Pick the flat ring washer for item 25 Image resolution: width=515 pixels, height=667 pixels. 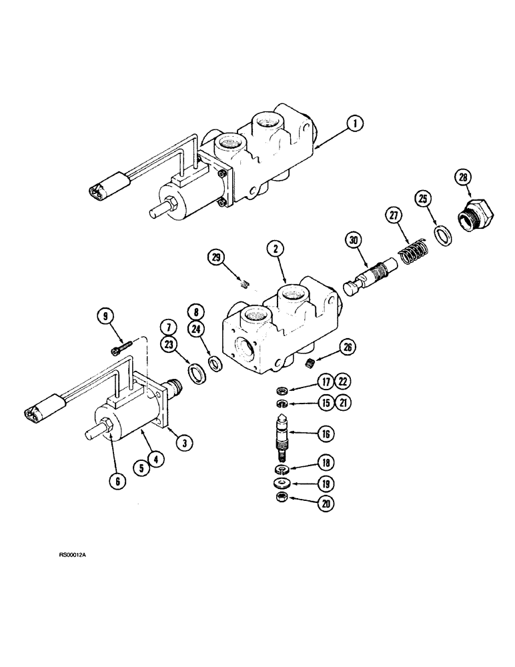(442, 236)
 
